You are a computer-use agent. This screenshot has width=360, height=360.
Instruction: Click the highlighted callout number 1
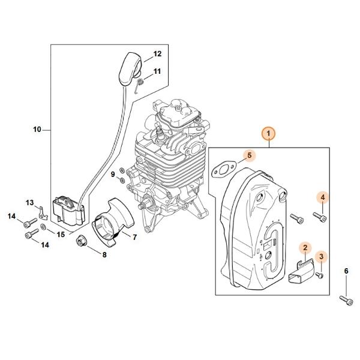269,133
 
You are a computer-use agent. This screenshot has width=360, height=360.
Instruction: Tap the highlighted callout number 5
250,155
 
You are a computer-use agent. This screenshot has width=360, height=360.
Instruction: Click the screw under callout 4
320,217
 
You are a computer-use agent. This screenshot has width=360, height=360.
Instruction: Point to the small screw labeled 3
319,274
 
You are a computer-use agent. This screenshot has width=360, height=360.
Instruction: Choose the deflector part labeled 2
301,271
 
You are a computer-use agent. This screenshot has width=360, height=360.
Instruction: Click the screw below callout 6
346,301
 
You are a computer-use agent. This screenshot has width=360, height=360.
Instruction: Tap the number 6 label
346,271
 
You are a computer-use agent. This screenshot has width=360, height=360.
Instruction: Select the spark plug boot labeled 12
131,69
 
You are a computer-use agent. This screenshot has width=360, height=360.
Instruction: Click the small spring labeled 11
139,86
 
